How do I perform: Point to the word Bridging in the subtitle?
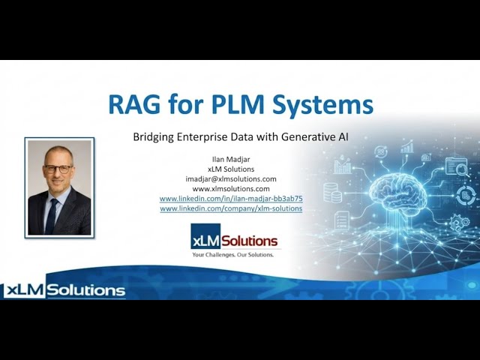[x=155, y=136]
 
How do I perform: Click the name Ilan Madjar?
[x=231, y=159]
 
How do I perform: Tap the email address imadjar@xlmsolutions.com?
[x=231, y=178]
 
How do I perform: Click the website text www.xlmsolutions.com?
[x=231, y=189]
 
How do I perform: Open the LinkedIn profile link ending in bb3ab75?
[x=231, y=199]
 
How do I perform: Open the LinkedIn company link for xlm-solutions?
[x=231, y=208]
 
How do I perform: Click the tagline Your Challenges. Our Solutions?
[x=233, y=255]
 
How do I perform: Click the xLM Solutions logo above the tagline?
[x=234, y=240]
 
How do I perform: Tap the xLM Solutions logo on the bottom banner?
[x=64, y=290]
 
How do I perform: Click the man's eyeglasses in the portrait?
[x=58, y=169]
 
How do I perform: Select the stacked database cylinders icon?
[x=332, y=193]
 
